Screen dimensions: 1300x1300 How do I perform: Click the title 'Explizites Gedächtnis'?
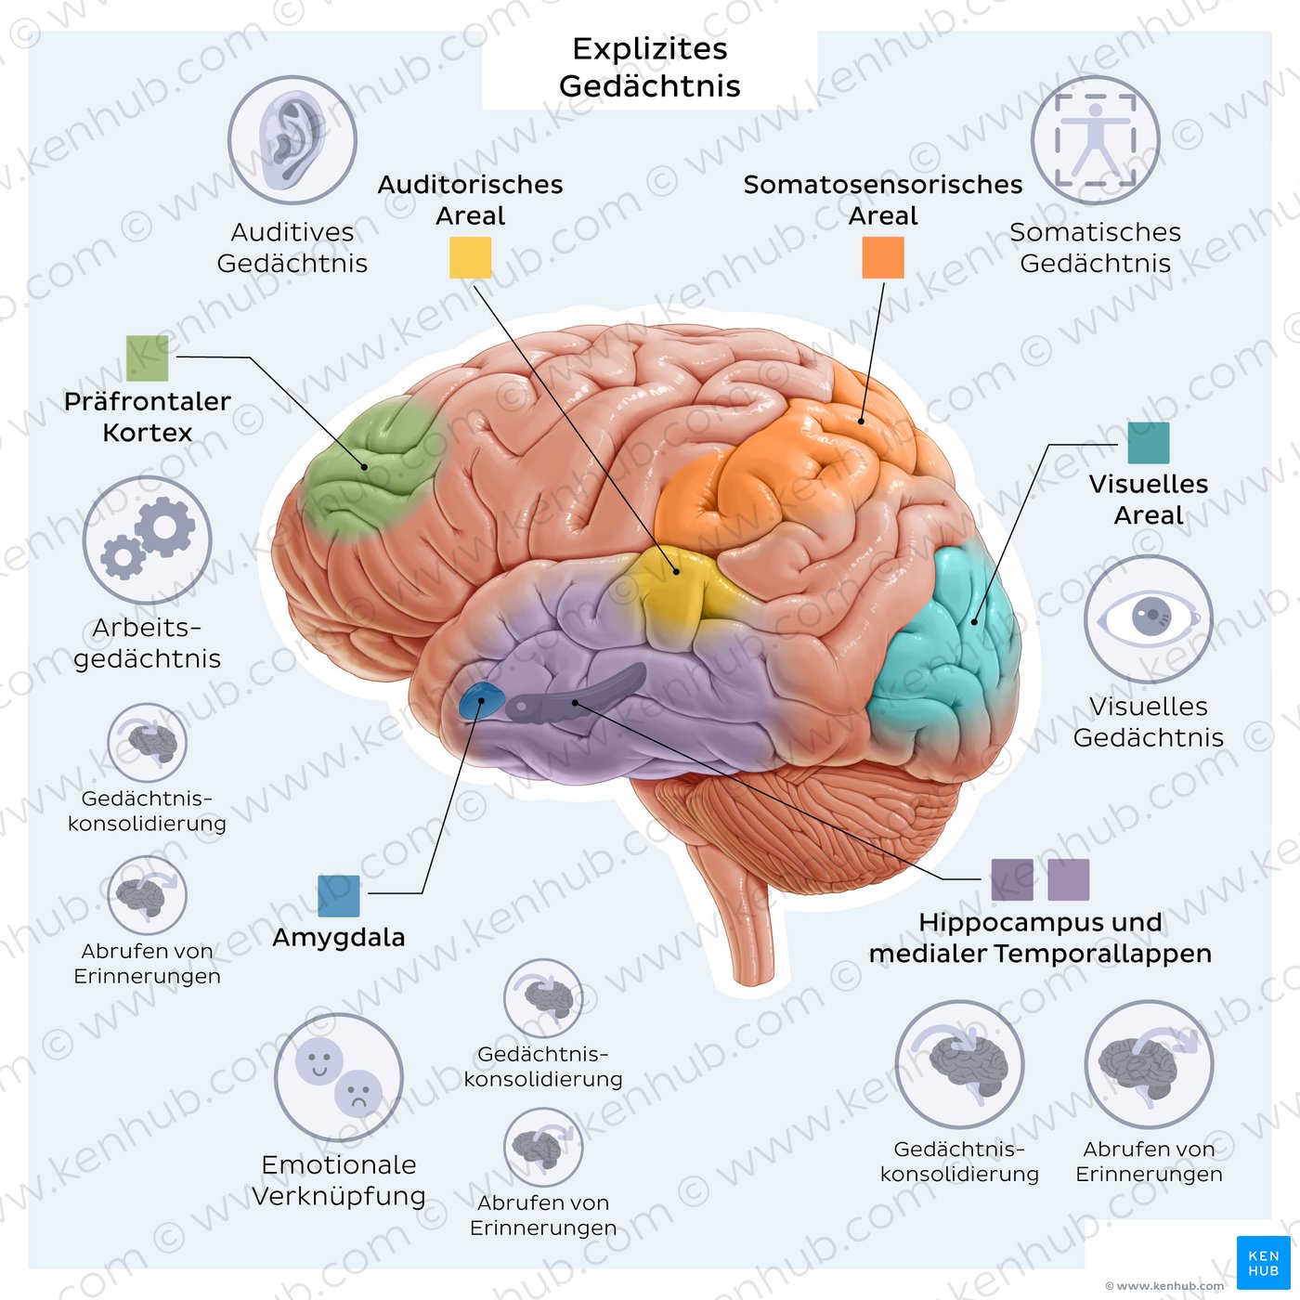(x=649, y=67)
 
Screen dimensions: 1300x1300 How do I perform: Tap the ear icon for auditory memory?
(x=292, y=140)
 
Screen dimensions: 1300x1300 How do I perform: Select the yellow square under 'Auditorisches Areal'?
(x=470, y=257)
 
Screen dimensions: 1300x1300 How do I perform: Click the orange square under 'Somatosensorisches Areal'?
(x=882, y=257)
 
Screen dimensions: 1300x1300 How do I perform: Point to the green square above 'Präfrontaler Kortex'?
(x=148, y=358)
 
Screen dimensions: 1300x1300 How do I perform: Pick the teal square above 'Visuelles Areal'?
(x=1148, y=443)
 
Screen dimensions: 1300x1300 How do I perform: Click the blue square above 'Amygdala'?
(x=338, y=896)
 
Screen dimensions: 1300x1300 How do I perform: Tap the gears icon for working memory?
(x=148, y=540)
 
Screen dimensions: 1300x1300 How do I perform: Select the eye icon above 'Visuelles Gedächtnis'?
(x=1149, y=618)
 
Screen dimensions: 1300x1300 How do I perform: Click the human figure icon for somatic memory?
(x=1096, y=140)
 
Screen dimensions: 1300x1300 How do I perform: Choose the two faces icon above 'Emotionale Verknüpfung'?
(x=339, y=1078)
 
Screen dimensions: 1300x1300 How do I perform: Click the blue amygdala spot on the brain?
(x=480, y=701)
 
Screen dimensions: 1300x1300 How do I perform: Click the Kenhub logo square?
(x=1263, y=1263)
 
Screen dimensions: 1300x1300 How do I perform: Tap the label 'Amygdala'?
(x=338, y=937)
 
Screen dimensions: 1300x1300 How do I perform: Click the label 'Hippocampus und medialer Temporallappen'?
(x=1040, y=938)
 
